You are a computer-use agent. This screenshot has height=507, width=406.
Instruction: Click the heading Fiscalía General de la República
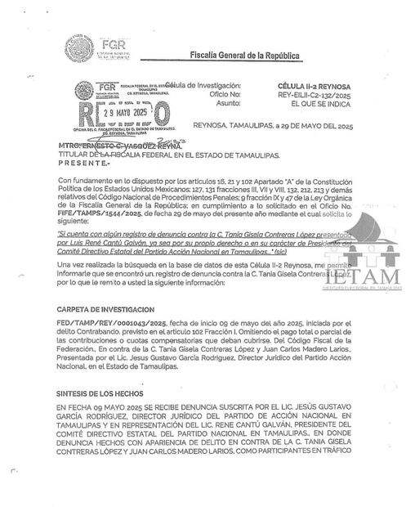(244, 56)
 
